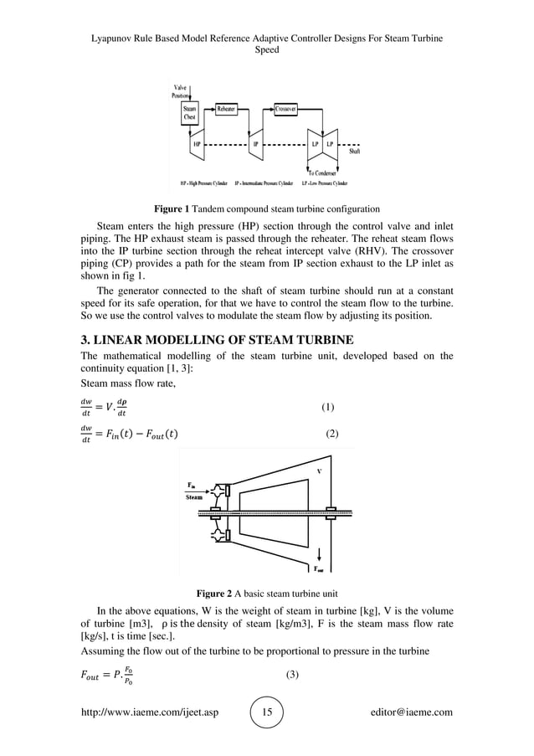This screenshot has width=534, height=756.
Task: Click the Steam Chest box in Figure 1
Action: [x=191, y=114]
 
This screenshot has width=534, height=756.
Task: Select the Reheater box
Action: [x=227, y=109]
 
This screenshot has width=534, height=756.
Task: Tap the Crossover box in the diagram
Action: [x=287, y=109]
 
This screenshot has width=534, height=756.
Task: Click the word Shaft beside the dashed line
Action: [x=354, y=152]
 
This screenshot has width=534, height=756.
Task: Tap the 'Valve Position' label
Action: [x=181, y=91]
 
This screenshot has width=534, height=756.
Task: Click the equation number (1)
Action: [x=328, y=408]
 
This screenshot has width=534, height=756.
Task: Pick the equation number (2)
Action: [x=331, y=433]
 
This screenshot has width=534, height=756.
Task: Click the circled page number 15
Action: [x=268, y=712]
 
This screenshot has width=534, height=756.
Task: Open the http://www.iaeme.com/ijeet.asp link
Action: [x=147, y=712]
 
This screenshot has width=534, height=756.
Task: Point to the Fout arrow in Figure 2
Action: [x=321, y=557]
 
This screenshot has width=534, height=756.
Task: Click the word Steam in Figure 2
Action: [x=194, y=496]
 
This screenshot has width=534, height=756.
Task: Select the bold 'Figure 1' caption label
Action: [x=172, y=208]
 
